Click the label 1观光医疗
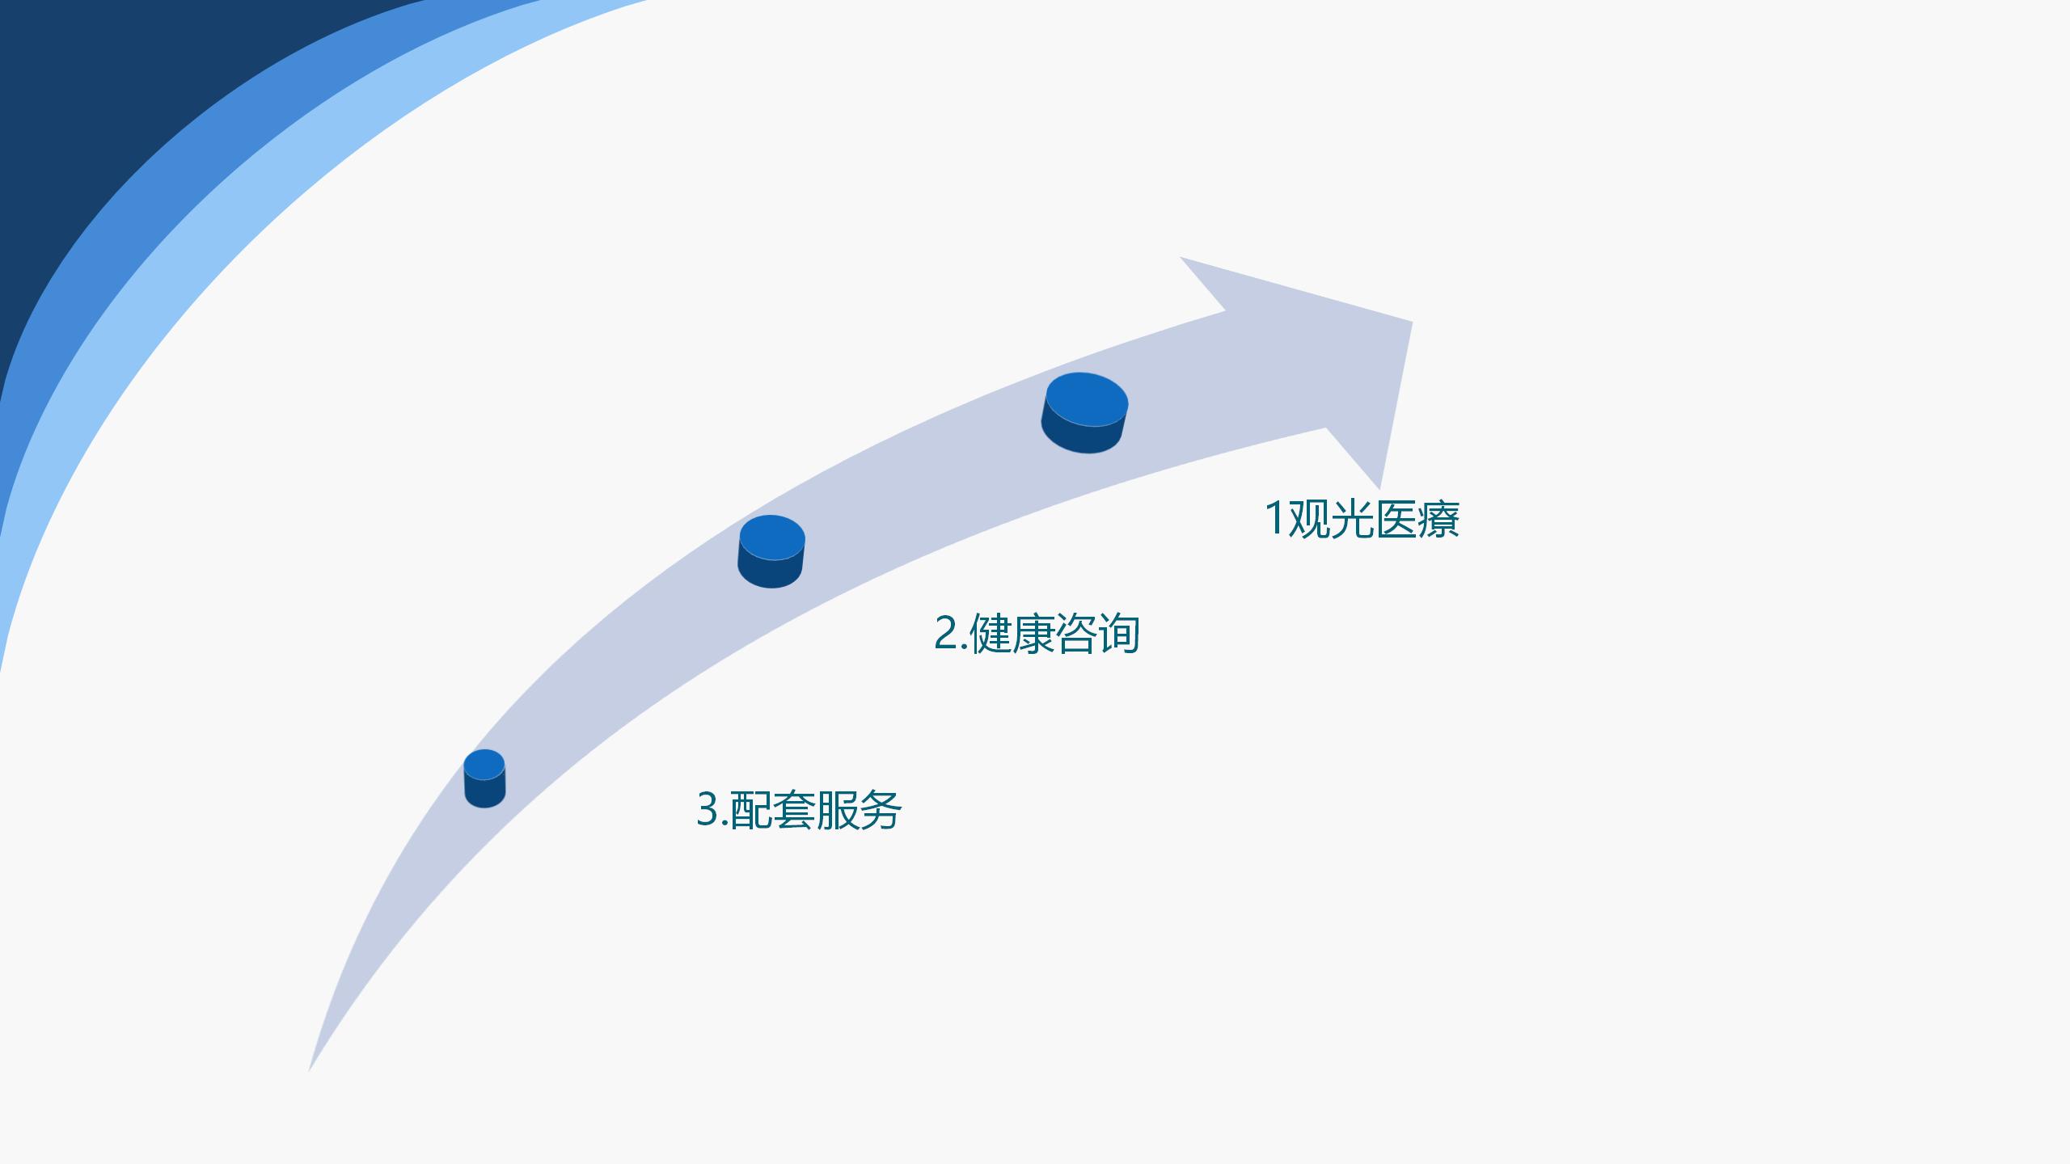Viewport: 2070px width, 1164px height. click(1362, 519)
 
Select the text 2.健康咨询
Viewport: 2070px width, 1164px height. click(1037, 633)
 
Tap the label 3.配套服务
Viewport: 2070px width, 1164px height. click(799, 809)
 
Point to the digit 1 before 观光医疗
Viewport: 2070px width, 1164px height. click(1274, 518)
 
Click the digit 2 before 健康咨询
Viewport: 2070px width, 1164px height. click(946, 633)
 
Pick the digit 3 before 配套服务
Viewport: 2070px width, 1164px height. click(708, 809)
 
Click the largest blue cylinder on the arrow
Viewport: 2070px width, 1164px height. click(1084, 413)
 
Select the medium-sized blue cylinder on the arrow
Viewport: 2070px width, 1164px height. click(771, 551)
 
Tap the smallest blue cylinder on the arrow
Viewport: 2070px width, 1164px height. click(484, 778)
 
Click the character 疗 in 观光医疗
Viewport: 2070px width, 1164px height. click(1438, 519)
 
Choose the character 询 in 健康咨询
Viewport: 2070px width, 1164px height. click(1119, 633)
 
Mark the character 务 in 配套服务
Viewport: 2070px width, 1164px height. click(881, 809)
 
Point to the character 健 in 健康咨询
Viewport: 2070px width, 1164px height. click(991, 633)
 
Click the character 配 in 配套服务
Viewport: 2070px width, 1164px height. click(752, 809)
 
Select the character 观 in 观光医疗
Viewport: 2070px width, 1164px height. click(1309, 519)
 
